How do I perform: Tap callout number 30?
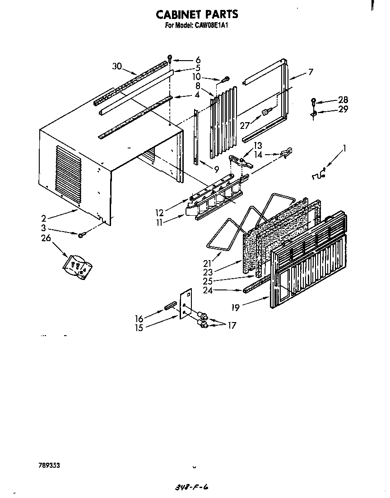pyautogui.click(x=117, y=66)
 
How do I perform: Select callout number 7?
pyautogui.click(x=311, y=71)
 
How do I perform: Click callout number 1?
pyautogui.click(x=345, y=147)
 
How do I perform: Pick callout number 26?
pyautogui.click(x=46, y=238)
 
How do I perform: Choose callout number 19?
pyautogui.click(x=235, y=308)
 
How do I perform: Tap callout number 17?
pyautogui.click(x=232, y=325)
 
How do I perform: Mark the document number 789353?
pyautogui.click(x=49, y=465)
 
